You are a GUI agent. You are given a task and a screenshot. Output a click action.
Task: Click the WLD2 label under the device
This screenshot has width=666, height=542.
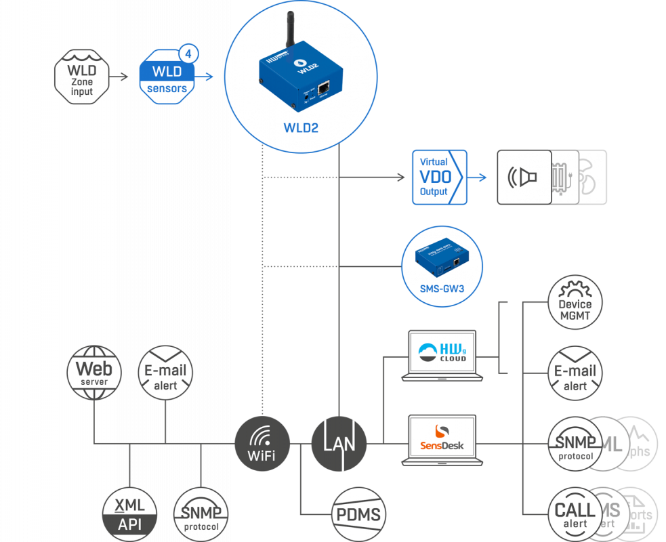pyautogui.click(x=299, y=127)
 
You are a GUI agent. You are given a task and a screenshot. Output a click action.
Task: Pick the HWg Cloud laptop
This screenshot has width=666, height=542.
pyautogui.click(x=444, y=356)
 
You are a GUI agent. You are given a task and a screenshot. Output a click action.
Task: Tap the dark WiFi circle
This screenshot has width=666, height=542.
pyautogui.click(x=262, y=444)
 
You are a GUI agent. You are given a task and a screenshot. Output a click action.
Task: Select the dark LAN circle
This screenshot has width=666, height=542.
pyautogui.click(x=339, y=444)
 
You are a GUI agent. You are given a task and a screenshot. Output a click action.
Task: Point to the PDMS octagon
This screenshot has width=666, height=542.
pyautogui.click(x=358, y=513)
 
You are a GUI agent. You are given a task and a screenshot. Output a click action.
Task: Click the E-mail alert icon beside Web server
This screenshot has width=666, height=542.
pyautogui.click(x=165, y=373)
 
